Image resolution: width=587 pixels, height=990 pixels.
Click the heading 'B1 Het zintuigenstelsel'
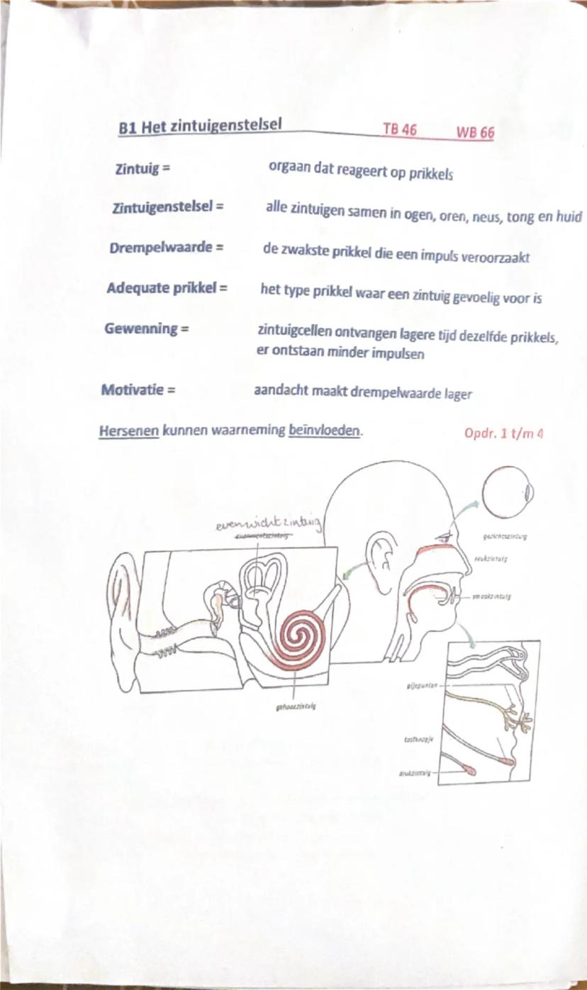201,127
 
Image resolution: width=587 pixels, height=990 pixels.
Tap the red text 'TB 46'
400,130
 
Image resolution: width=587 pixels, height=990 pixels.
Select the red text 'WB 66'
475,133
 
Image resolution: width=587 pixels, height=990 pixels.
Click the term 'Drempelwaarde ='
167,249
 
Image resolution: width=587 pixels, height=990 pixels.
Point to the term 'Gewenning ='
146,329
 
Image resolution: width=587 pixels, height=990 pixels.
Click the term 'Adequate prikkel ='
167,289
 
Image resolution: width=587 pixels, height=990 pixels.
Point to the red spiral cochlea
297,633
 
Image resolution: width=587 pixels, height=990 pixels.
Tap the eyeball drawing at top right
509,491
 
